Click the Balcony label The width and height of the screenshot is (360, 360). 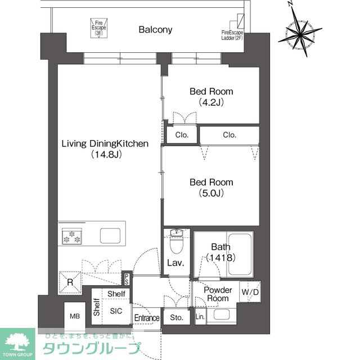pos(156,29)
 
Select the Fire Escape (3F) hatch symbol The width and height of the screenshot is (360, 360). pos(100,27)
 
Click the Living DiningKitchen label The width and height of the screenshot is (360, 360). pos(105,148)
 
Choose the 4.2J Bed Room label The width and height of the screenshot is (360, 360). pos(211,96)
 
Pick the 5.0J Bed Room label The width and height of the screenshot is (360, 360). pos(211,188)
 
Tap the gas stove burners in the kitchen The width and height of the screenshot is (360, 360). pos(71,237)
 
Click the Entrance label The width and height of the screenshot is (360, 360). pos(147,318)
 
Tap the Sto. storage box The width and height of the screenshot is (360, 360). pos(177,317)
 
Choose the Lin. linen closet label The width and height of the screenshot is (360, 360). pos(200,317)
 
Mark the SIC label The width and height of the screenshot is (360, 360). pos(116,310)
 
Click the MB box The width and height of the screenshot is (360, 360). pos(75,316)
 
